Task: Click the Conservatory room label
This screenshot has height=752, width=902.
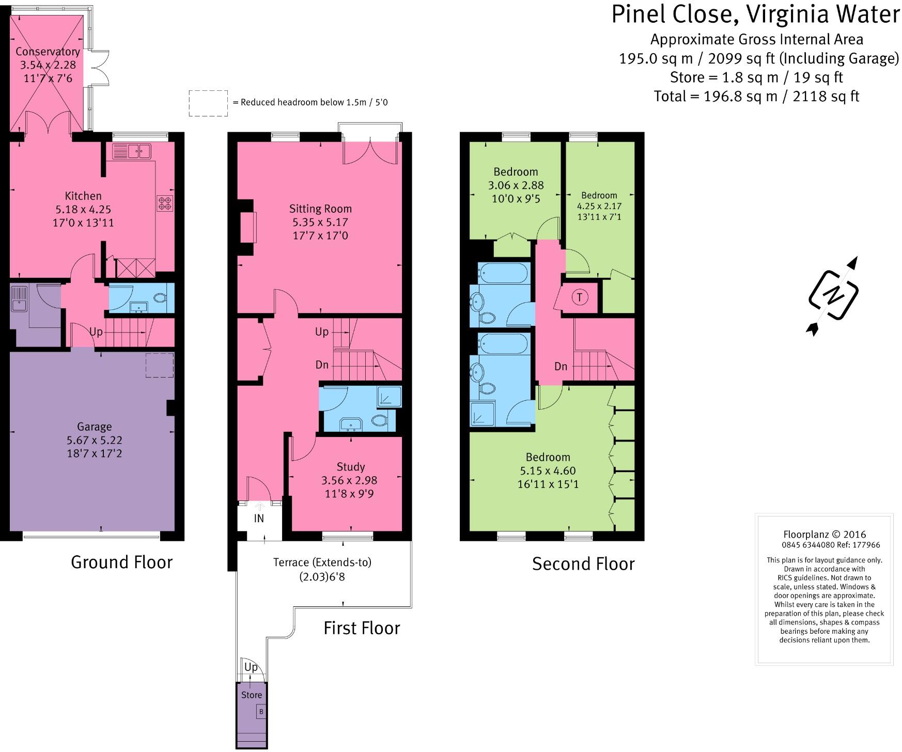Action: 48,52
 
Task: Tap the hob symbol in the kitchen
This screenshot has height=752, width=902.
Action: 165,203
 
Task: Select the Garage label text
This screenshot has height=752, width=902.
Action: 94,427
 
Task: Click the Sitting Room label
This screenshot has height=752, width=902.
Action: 320,209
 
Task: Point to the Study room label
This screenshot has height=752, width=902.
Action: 351,467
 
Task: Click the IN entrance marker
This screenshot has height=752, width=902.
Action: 259,518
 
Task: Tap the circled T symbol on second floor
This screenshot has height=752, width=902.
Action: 580,297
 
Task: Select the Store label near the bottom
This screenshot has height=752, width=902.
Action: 252,695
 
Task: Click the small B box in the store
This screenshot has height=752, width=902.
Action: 261,712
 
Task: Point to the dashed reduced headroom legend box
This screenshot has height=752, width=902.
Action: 208,103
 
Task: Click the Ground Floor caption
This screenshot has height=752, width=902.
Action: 121,562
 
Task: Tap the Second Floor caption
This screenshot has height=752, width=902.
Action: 583,563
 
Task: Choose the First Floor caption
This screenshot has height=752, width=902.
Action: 362,628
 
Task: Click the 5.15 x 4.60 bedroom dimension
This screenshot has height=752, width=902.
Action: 548,471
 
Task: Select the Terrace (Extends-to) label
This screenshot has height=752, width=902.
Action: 322,562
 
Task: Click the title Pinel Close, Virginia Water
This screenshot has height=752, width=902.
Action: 756,14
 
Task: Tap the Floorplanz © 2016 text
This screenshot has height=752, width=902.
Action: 825,535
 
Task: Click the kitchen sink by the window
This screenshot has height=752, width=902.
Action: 131,151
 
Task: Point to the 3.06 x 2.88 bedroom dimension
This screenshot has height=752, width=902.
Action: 516,185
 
